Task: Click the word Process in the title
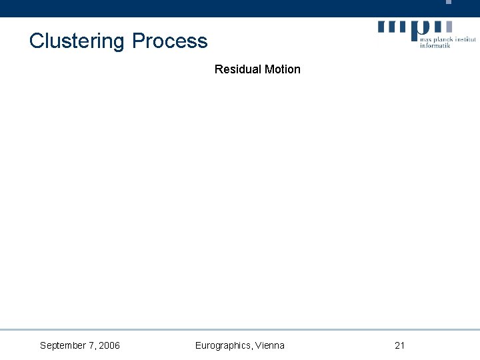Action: [x=170, y=41]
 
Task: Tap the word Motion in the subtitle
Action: [x=282, y=69]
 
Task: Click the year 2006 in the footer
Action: [x=109, y=345]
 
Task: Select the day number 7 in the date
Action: [x=91, y=345]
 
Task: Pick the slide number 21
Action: [x=400, y=345]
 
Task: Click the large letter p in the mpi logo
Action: [x=421, y=31]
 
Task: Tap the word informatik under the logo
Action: [x=435, y=46]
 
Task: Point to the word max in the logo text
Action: [x=425, y=40]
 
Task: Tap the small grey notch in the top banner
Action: [x=449, y=3]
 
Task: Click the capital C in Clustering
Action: [x=37, y=41]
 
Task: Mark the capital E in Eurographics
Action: [x=198, y=345]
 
